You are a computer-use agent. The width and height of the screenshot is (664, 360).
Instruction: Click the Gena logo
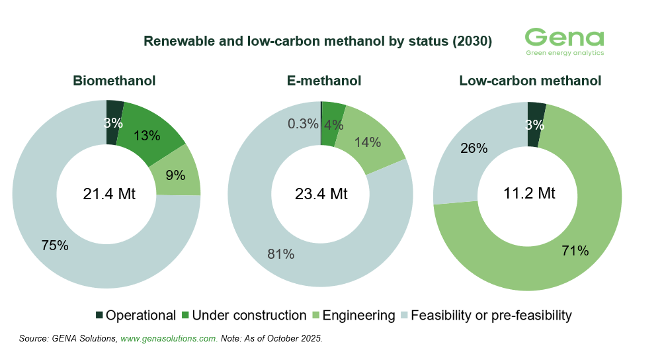click(564, 41)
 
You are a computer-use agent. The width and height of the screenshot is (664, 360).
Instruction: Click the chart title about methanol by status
click(318, 41)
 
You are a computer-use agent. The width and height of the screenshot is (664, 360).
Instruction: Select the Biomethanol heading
click(114, 81)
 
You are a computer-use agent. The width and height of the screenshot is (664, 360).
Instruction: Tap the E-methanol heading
click(324, 81)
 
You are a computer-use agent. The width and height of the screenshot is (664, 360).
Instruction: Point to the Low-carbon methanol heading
click(530, 81)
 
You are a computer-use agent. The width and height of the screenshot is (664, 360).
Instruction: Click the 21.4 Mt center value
click(109, 194)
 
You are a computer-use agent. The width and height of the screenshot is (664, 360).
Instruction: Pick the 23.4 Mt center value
click(321, 194)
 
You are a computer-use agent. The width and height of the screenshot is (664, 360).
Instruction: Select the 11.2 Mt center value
click(528, 194)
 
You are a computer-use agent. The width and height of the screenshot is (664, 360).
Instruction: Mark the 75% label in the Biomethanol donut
click(55, 246)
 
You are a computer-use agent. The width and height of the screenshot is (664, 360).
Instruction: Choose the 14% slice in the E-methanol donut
click(368, 142)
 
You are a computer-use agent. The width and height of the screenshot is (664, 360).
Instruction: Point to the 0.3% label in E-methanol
click(302, 124)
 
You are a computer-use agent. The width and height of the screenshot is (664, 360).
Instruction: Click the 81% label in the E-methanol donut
click(281, 253)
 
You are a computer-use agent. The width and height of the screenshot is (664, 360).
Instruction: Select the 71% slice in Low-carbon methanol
click(575, 250)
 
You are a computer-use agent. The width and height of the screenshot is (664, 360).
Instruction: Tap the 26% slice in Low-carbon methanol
click(474, 148)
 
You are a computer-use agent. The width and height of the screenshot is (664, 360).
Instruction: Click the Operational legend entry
click(136, 316)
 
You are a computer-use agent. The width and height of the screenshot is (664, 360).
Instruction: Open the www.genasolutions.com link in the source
click(169, 338)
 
